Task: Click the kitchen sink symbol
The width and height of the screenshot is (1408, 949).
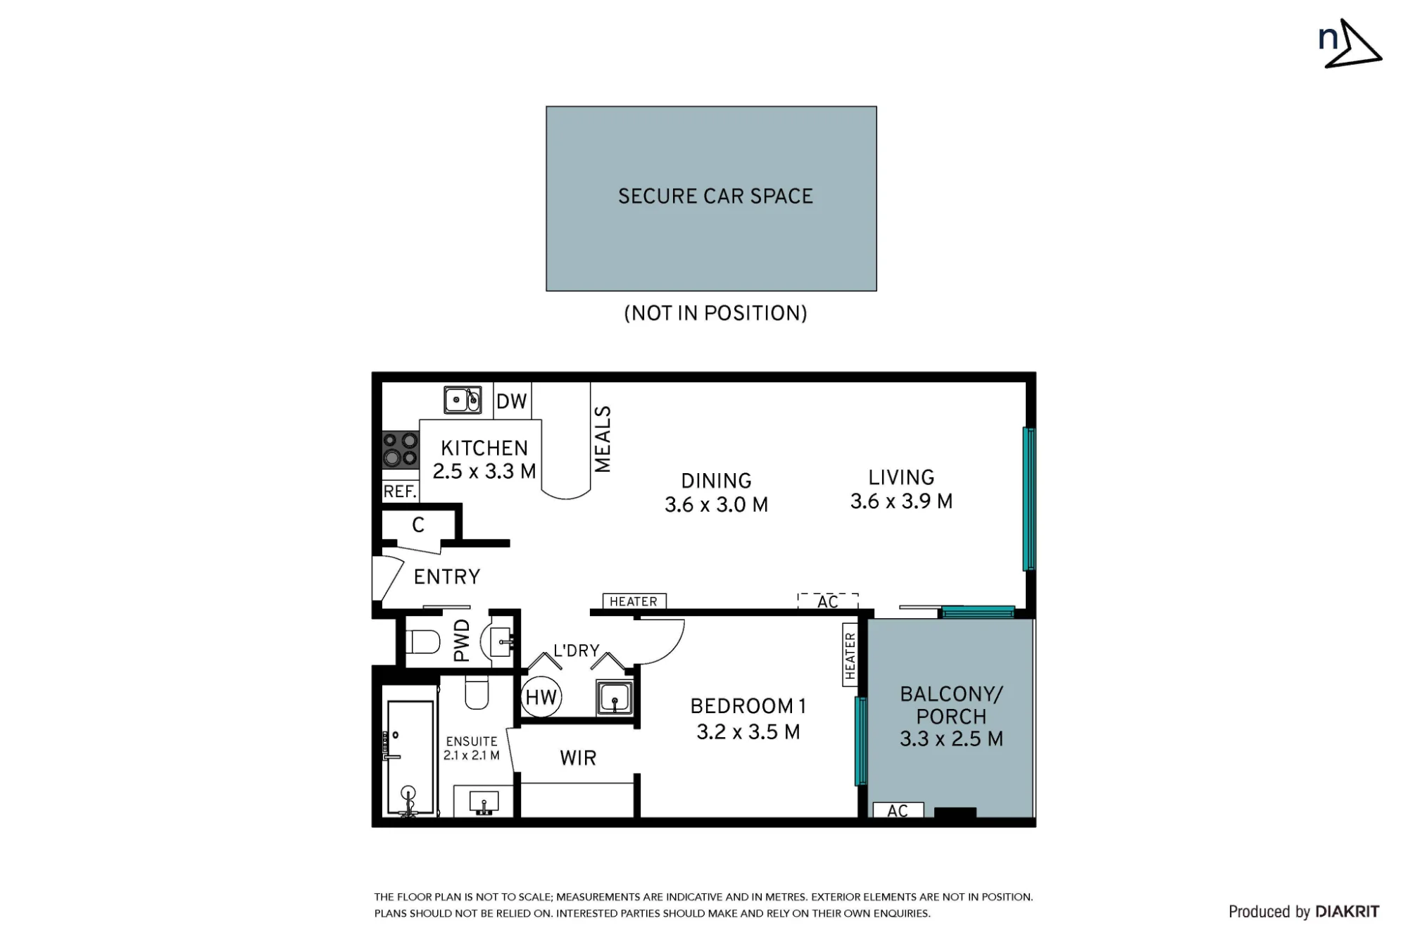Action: (x=463, y=399)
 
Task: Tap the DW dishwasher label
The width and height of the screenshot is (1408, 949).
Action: (x=512, y=401)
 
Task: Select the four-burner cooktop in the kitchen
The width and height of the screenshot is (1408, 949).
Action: (x=400, y=450)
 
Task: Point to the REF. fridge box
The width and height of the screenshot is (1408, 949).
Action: (x=400, y=491)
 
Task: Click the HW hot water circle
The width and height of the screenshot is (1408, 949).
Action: (x=541, y=697)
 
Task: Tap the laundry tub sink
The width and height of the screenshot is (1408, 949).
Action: (x=614, y=698)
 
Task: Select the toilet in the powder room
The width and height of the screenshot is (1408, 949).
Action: (x=423, y=641)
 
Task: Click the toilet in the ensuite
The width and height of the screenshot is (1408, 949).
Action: (x=477, y=693)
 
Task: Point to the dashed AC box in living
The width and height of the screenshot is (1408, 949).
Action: (x=828, y=601)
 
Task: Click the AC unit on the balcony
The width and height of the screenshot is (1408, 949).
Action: (x=898, y=810)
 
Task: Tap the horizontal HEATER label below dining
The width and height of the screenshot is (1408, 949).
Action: (x=634, y=601)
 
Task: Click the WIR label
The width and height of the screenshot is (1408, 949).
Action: (x=578, y=758)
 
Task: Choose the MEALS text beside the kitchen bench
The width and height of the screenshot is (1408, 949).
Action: (x=603, y=439)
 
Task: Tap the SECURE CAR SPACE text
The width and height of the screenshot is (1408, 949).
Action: (x=715, y=196)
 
